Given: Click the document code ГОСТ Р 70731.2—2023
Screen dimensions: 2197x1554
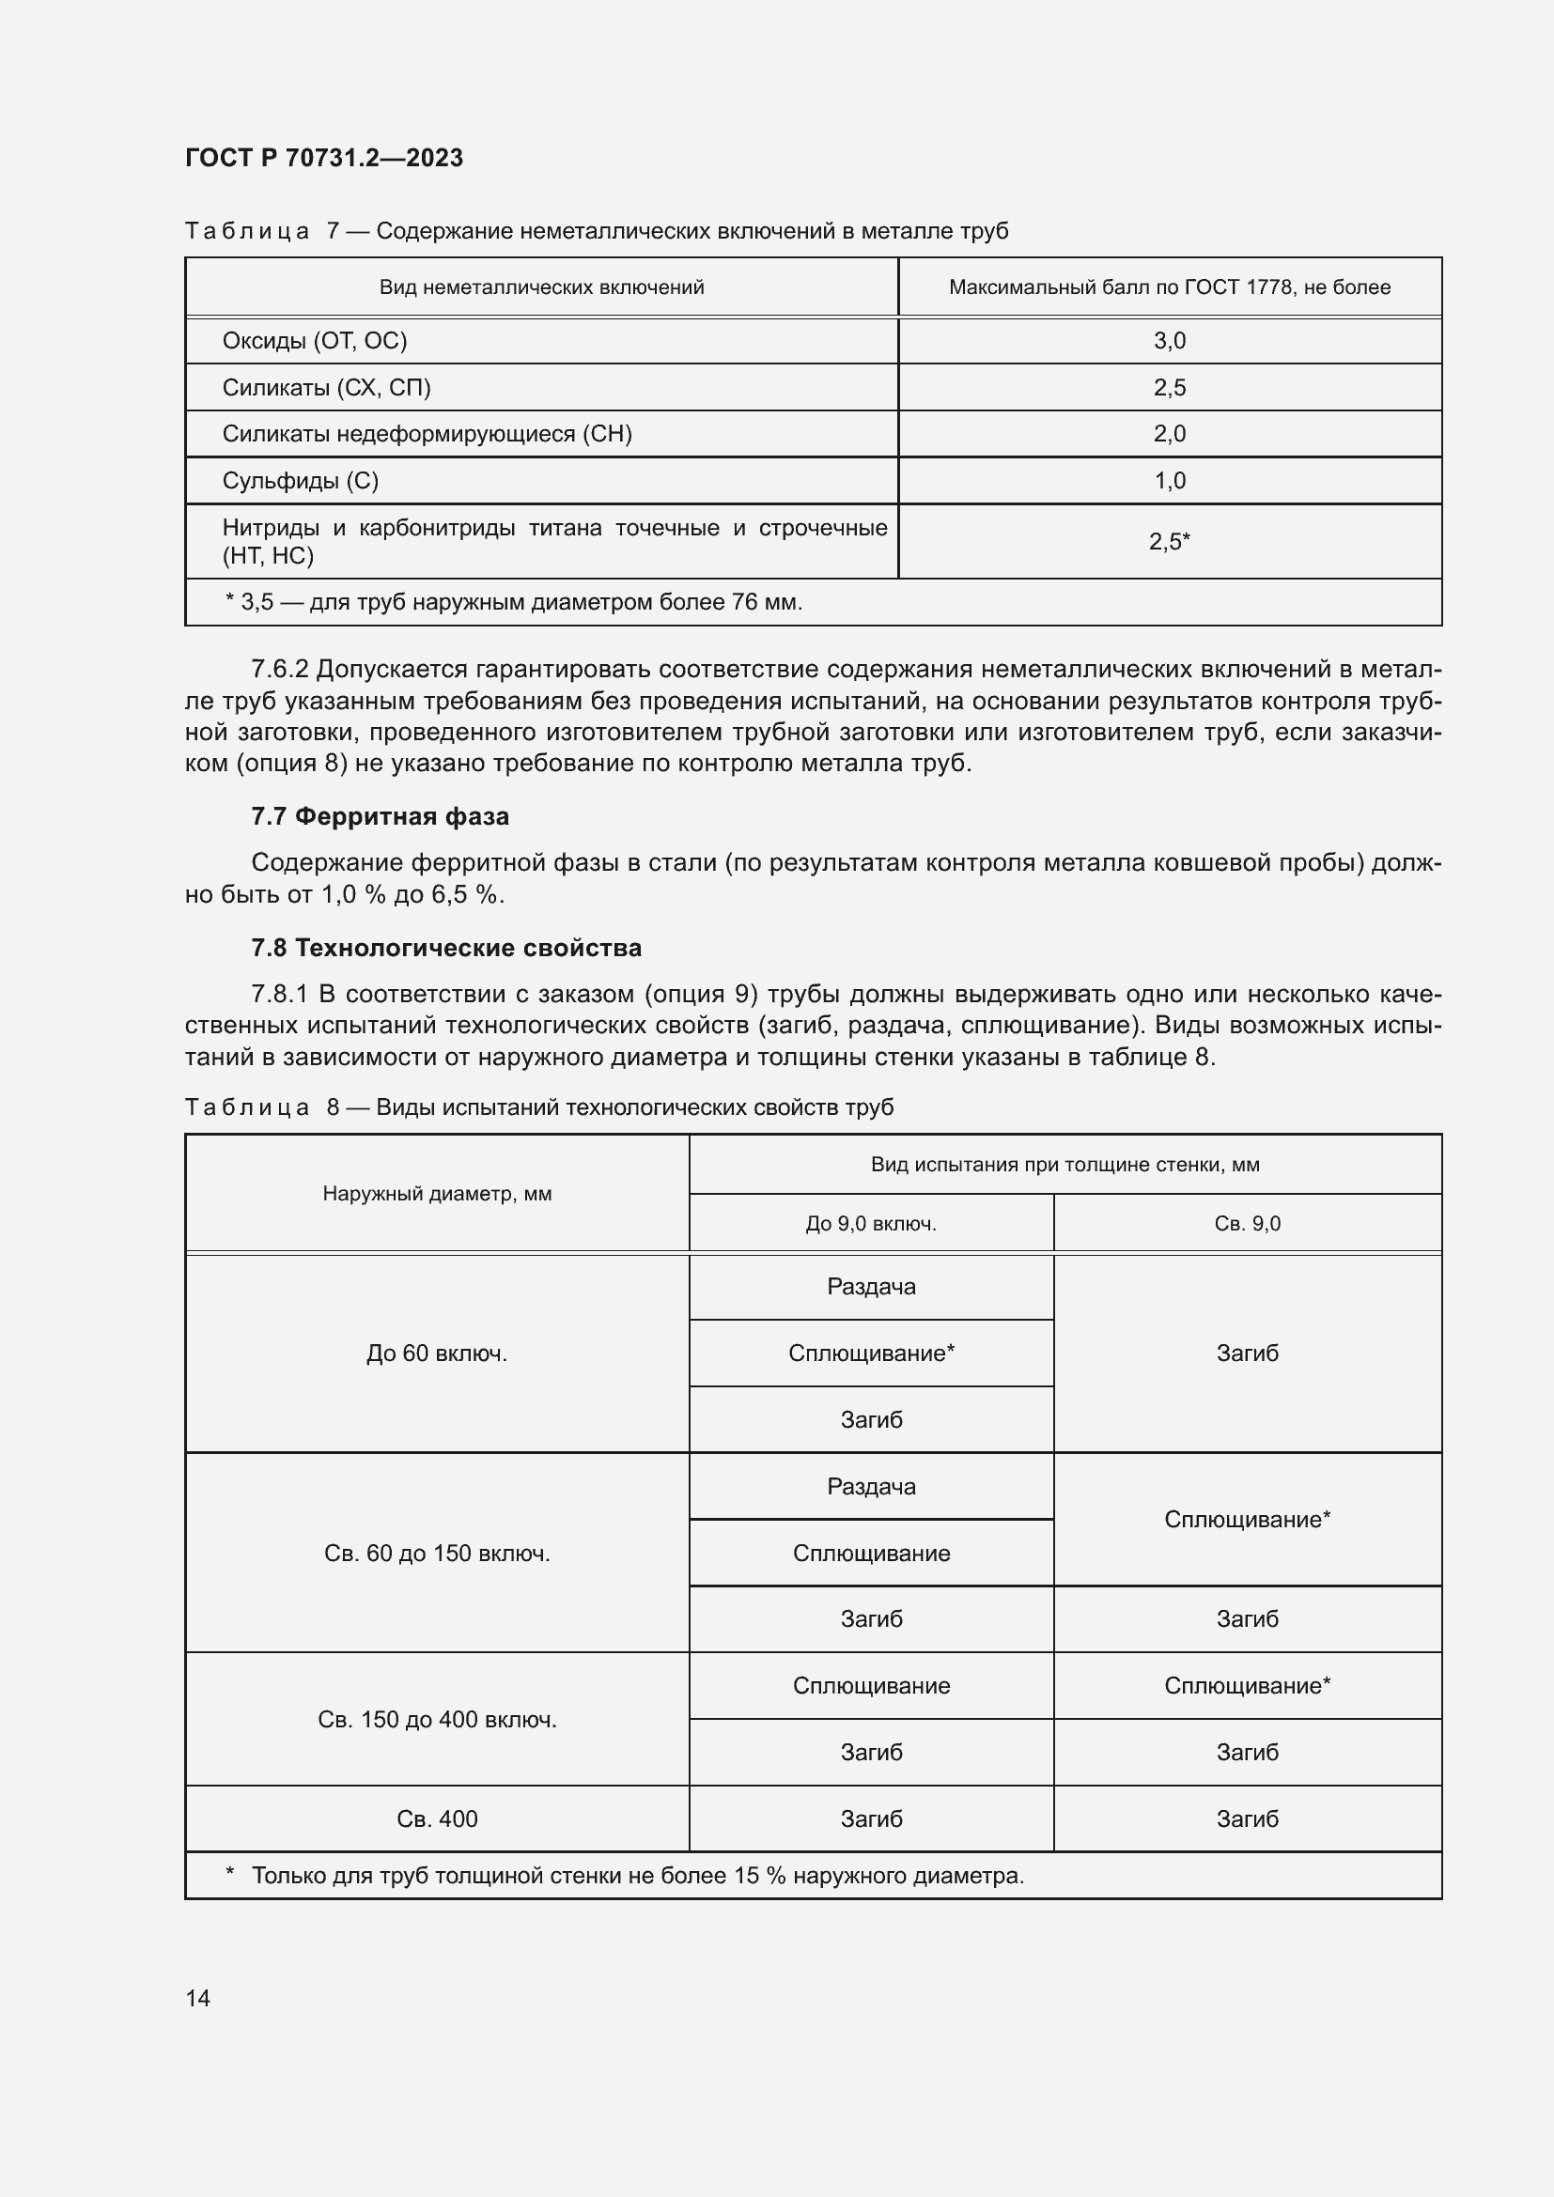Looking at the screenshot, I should coord(323,158).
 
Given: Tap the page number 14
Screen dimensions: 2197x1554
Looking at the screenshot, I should coord(198,1998).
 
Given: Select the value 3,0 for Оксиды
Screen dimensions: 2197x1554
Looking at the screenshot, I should coord(1170,341).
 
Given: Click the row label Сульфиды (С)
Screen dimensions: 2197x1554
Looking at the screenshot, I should coord(301,480).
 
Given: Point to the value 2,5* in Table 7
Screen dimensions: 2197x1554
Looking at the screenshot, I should coord(1170,542).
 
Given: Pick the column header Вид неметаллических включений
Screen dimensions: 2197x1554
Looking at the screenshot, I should coord(541,287).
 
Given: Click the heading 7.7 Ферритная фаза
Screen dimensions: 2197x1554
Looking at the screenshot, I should coord(380,816).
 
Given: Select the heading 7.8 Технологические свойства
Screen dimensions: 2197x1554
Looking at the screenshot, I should coord(446,949).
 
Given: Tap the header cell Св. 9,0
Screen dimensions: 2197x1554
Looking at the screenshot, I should coord(1247,1223).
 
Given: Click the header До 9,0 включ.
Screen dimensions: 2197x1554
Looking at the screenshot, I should coord(871,1223).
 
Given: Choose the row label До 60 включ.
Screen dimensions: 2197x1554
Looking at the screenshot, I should coord(436,1353).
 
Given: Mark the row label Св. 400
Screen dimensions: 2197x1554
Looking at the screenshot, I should coord(436,1818).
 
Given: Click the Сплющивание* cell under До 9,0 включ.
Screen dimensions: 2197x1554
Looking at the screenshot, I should coord(871,1353).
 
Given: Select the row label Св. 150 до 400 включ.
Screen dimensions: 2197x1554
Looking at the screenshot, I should coord(436,1720).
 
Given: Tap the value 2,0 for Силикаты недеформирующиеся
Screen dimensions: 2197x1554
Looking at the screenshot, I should coord(1170,433).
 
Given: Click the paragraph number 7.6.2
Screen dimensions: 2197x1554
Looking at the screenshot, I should coord(279,669).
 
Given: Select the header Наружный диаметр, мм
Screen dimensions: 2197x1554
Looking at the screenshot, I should coord(436,1193).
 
